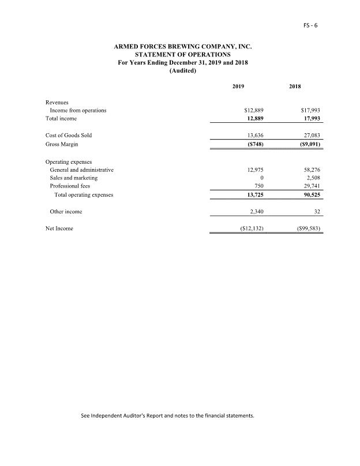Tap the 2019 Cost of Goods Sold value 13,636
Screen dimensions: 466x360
point(254,136)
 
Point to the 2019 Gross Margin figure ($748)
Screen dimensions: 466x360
point(253,144)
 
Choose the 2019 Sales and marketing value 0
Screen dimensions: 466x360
point(262,178)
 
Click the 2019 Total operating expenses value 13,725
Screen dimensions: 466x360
point(254,195)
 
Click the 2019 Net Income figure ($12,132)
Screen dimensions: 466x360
point(251,228)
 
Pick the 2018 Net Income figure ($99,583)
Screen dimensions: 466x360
point(307,228)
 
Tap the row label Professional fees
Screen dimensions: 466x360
point(70,186)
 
